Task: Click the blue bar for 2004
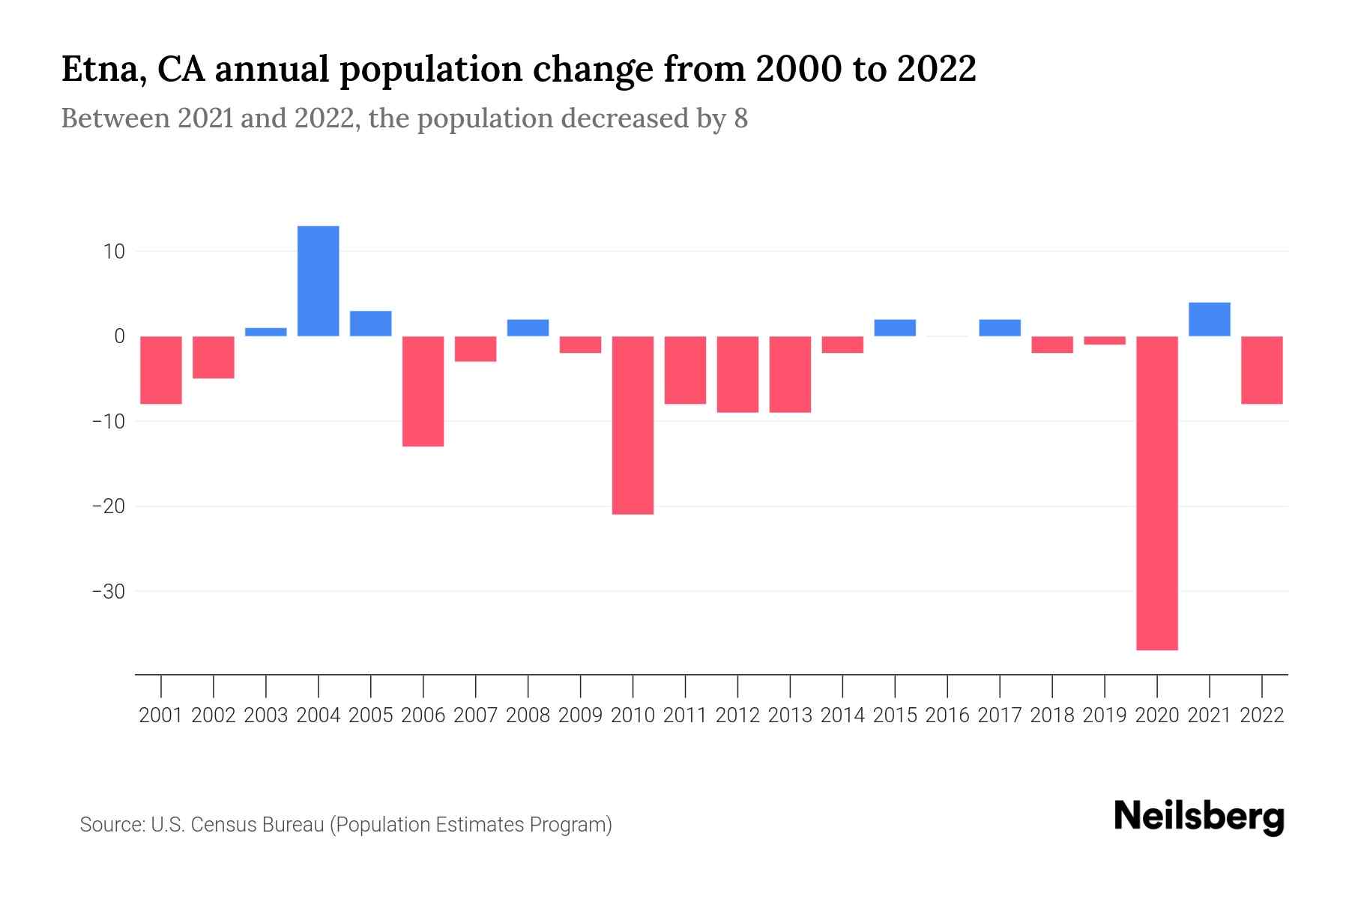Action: tap(318, 281)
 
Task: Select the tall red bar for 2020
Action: tap(1156, 493)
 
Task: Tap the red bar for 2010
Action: tap(633, 425)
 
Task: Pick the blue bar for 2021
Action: tap(1209, 319)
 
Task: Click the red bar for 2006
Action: tap(423, 391)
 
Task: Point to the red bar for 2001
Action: tap(161, 370)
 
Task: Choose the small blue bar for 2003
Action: tap(265, 332)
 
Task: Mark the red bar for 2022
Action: tap(1261, 370)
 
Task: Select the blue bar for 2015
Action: tap(894, 328)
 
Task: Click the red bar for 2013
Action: tap(790, 375)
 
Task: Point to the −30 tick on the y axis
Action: tap(108, 592)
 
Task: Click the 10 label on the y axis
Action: tap(114, 251)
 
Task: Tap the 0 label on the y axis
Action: tap(119, 336)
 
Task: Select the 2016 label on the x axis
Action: tap(947, 715)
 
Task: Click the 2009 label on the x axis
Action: tap(580, 715)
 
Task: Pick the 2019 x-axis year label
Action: tap(1104, 715)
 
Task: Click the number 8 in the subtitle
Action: tap(740, 119)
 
